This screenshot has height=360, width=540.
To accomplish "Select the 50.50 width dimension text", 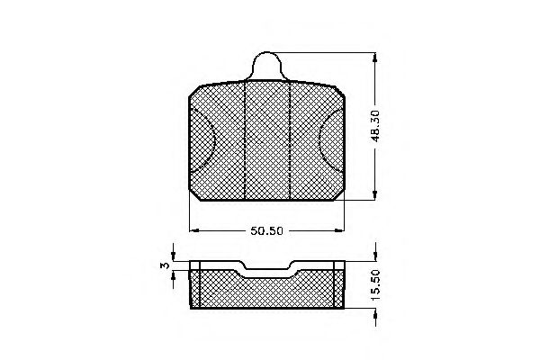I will click(266, 229).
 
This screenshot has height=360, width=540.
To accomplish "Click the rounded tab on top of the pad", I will click(267, 66).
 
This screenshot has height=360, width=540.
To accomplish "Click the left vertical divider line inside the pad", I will click(245, 139).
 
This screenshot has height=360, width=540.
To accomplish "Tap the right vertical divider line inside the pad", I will click(289, 139).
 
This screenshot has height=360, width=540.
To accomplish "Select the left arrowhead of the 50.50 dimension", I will click(193, 229).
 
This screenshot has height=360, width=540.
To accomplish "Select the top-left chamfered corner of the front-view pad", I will click(194, 92).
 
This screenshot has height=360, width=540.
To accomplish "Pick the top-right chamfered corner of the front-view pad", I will click(341, 92).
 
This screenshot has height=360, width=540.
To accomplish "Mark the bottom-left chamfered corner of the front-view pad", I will click(193, 193).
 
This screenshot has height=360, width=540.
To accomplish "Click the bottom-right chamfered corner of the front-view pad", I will click(341, 193).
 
